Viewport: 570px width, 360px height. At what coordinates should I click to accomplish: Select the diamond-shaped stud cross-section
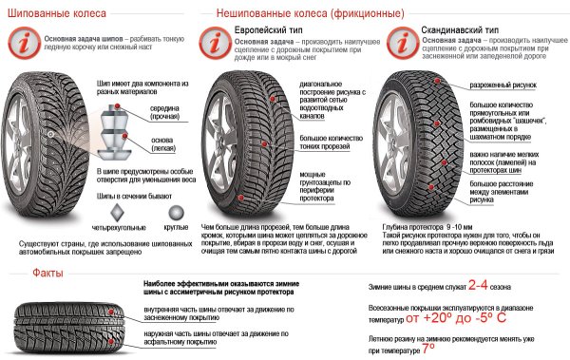pyautogui.click(x=117, y=212)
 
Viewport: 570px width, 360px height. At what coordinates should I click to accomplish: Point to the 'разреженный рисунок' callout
pyautogui.click(x=503, y=86)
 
